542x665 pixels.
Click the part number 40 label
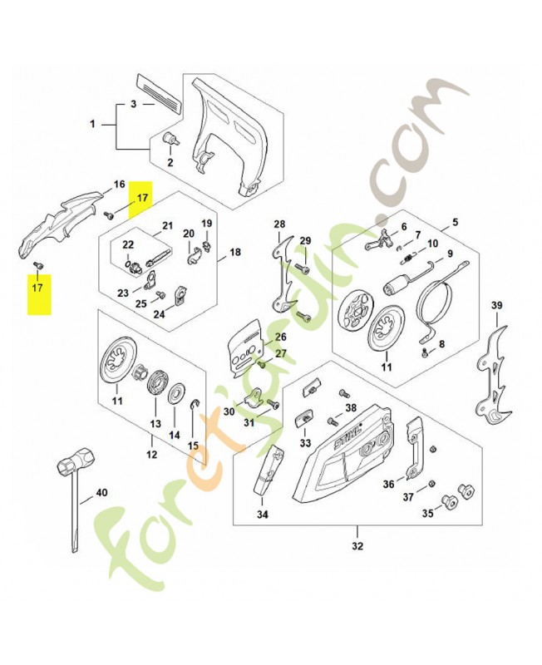point(101,492)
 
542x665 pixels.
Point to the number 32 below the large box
point(357,545)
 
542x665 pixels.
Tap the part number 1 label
point(93,124)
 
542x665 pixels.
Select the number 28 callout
point(279,224)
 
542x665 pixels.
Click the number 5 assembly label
point(455,224)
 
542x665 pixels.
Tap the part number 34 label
point(262,515)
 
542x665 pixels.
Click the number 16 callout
point(119,184)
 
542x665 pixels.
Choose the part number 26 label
point(280,337)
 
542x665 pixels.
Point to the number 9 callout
point(450,254)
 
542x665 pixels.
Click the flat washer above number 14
point(176,392)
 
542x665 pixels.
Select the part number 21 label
point(168,225)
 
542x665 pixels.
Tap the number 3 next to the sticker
point(133,105)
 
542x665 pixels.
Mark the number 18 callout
point(234,252)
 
